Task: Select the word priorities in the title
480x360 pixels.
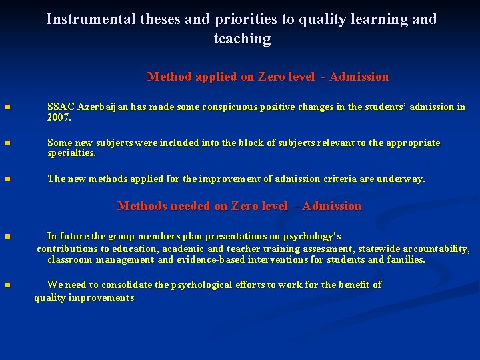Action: pos(247,19)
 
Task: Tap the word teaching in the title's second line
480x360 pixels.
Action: pos(242,39)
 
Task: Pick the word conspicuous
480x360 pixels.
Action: pos(230,107)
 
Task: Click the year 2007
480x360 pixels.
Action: pos(59,117)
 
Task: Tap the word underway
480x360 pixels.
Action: pos(401,179)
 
